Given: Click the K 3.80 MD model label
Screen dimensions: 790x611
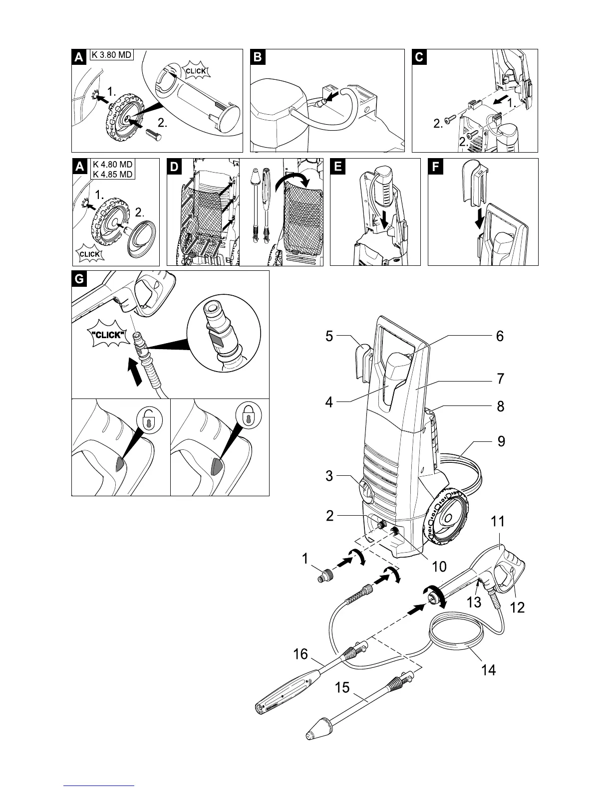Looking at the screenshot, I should tap(111, 55).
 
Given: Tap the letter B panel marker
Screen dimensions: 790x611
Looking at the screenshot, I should tap(257, 57).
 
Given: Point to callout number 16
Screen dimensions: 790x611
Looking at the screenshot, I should tap(301, 654).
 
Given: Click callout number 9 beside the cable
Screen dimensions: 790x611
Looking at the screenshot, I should tap(500, 441).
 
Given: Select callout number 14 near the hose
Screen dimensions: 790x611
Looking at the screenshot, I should tap(488, 670).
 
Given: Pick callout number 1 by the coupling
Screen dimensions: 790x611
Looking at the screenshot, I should tap(305, 559).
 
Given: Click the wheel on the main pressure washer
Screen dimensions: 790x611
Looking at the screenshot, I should tap(444, 516).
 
